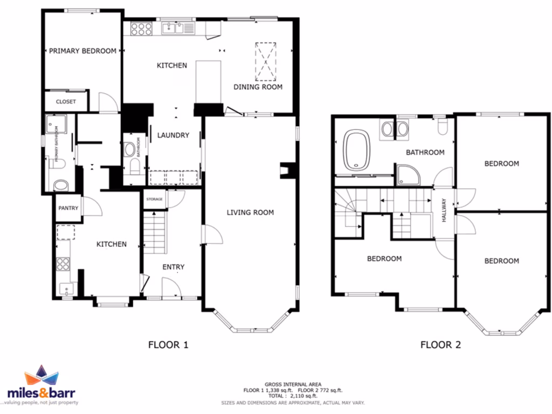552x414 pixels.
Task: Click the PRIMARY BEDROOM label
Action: coord(82,51)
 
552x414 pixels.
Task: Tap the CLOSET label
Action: coord(66,102)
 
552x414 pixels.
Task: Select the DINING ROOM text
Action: coord(258,87)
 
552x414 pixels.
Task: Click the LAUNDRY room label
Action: coord(173,135)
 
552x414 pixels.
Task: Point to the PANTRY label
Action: coord(68,208)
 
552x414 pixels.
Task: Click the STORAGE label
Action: coord(155,199)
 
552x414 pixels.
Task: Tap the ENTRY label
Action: coord(173,267)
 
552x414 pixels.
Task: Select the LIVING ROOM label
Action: coord(250,212)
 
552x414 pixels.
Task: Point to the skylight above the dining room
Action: coord(265,59)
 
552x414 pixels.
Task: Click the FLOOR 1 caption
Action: coord(168,345)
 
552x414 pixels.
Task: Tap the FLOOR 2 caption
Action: coord(440,345)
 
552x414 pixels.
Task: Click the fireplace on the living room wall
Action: coord(285,170)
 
